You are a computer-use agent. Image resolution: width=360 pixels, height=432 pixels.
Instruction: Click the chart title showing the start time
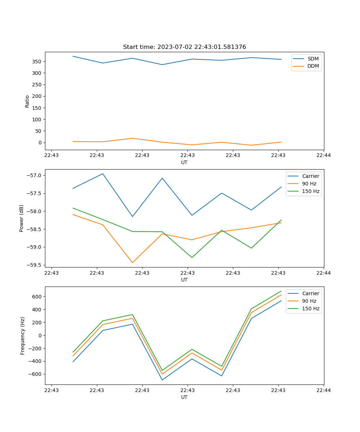coord(184,47)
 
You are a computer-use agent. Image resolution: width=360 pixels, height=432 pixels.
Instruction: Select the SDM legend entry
coord(313,59)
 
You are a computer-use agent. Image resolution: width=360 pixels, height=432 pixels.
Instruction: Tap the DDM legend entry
coord(313,66)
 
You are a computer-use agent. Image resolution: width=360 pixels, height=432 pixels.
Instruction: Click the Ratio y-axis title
coord(27,101)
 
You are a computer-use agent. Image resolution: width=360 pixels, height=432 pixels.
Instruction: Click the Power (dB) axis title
coord(22,218)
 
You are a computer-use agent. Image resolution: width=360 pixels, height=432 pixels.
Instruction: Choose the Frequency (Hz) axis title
coord(22,336)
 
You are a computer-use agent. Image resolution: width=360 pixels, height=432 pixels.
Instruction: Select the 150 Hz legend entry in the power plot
coord(311,191)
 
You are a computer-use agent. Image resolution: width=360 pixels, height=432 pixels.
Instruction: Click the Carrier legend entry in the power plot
coord(311,176)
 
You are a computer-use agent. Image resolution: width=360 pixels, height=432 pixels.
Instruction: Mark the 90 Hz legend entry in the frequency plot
coord(309,301)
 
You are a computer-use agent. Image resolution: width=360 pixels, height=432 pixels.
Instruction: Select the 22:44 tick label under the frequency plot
coord(323,390)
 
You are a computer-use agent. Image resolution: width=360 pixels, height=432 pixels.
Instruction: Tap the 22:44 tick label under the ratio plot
coord(323,156)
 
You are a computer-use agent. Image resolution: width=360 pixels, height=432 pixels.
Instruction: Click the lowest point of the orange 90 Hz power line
coord(132,262)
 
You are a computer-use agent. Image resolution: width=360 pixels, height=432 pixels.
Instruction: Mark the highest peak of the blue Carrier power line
coord(103,174)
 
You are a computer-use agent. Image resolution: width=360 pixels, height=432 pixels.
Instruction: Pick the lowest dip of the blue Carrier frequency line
coord(162,380)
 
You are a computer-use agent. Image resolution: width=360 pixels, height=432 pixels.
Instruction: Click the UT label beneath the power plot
coord(184,280)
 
